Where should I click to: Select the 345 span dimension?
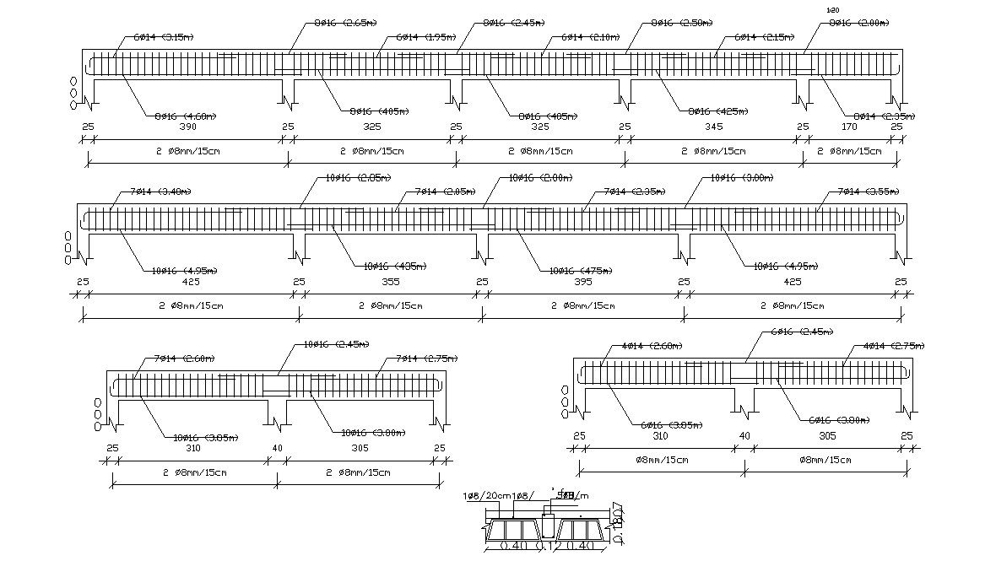pos(714,127)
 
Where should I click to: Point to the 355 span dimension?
pos(390,282)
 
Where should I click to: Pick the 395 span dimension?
pos(583,282)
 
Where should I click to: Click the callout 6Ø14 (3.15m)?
pos(163,38)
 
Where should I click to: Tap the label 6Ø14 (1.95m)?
pos(426,38)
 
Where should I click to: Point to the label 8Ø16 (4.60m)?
pos(186,116)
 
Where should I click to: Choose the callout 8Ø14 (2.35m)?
pos(884,116)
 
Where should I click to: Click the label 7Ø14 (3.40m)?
pos(161,191)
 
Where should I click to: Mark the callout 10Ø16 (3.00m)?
pos(742,178)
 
